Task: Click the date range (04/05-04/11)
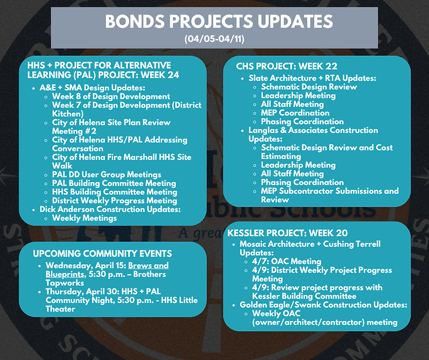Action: [x=214, y=39]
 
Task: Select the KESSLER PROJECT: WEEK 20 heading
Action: [x=287, y=233]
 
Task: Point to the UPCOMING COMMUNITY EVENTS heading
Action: [x=102, y=254]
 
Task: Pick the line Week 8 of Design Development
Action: [x=111, y=97]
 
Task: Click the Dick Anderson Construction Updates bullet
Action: [x=110, y=209]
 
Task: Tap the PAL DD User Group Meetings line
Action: [x=106, y=175]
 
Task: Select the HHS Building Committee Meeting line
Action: [x=114, y=192]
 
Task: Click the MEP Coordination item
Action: [x=295, y=113]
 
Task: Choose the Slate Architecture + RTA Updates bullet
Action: [x=312, y=78]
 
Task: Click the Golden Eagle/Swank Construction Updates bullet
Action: [x=323, y=305]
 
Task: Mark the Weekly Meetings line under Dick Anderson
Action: [x=84, y=218]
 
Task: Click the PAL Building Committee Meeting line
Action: [x=114, y=183]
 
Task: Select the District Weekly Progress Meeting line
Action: [x=114, y=201]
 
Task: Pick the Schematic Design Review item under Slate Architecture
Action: [x=309, y=87]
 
